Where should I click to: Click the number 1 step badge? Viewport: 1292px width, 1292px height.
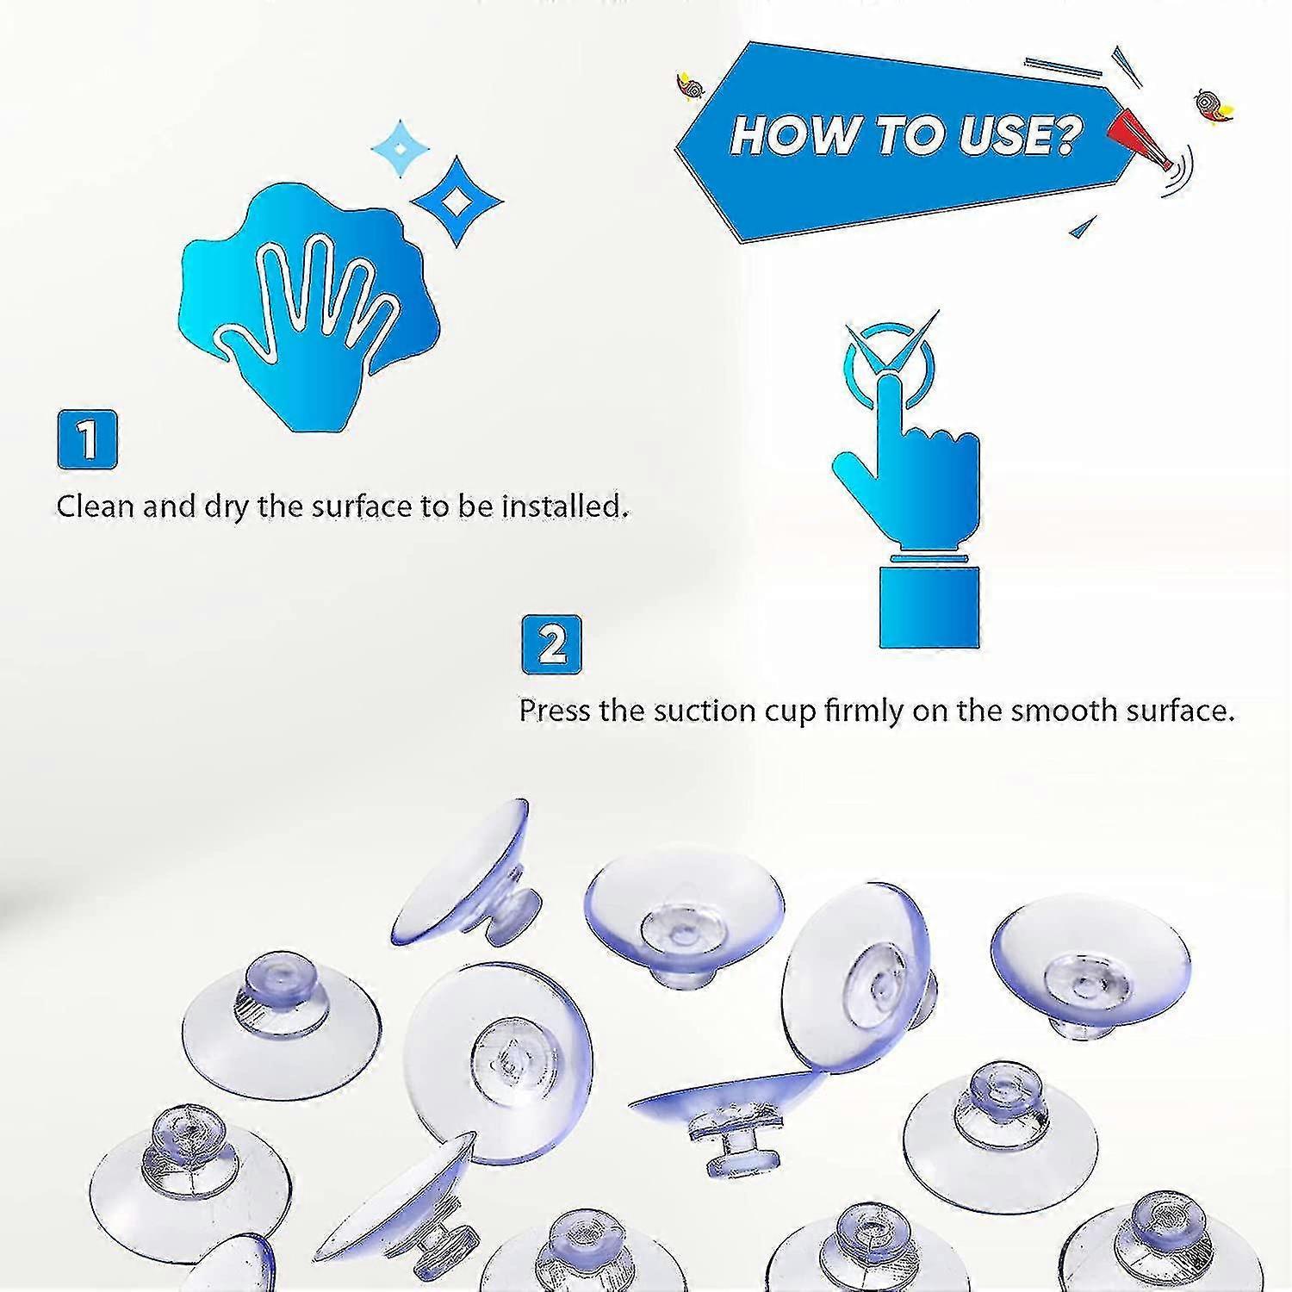(87, 439)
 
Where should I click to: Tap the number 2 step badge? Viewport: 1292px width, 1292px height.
(551, 644)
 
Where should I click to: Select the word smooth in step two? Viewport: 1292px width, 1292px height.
(1051, 711)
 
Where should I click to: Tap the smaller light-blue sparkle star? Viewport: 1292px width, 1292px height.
(400, 148)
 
